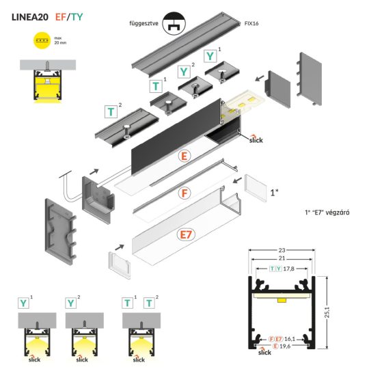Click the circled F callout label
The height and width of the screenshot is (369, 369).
coord(184,193)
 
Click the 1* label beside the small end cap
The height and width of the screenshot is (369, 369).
coord(273,193)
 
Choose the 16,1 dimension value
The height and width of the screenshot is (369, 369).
coord(291,338)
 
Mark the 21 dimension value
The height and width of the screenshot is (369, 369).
coord(281,260)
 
